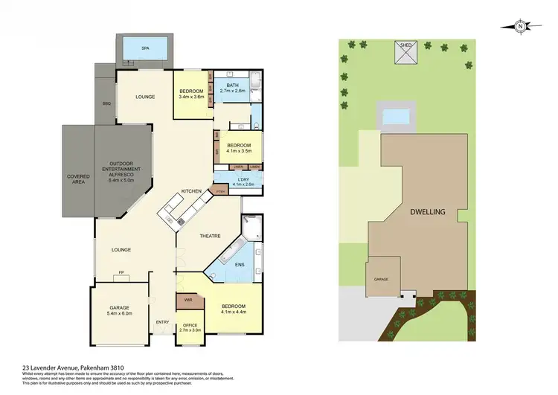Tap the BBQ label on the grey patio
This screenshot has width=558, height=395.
tap(106, 103)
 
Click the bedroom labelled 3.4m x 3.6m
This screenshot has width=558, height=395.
tap(191, 94)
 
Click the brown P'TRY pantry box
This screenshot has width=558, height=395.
tap(220, 191)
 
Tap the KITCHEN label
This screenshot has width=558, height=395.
tap(191, 192)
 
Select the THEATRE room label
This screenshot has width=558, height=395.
tap(209, 236)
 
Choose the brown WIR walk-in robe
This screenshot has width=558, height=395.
tap(187, 302)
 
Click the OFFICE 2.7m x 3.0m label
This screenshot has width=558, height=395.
tap(190, 327)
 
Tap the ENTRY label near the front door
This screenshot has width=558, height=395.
tap(162, 322)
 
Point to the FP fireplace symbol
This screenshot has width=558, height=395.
tap(121, 274)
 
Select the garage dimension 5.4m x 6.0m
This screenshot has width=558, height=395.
tap(118, 313)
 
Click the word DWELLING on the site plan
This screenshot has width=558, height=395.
tap(427, 212)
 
